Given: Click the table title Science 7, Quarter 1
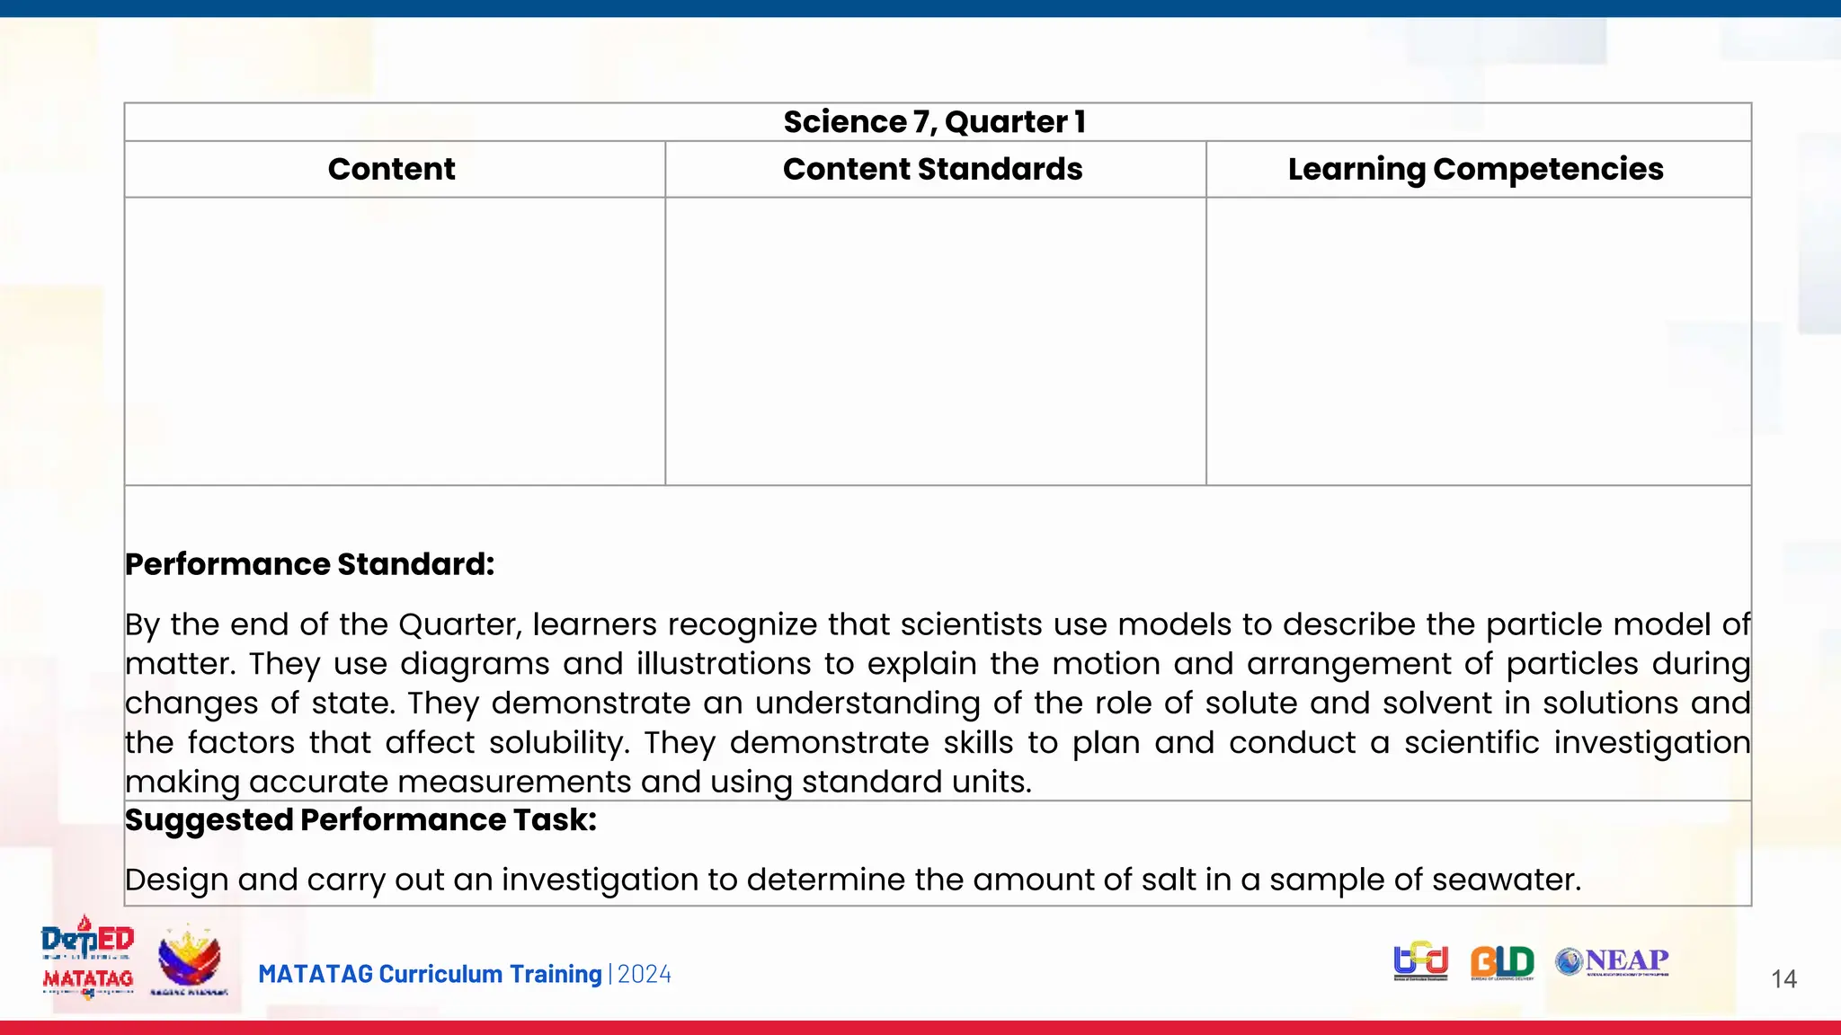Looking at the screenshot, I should pyautogui.click(x=935, y=122).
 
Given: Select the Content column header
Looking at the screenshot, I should pyautogui.click(x=391, y=169).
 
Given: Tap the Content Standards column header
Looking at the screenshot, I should pyautogui.click(x=932, y=169).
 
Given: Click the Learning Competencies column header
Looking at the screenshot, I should pyautogui.click(x=1475, y=169).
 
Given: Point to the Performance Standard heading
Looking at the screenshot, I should pyautogui.click(x=309, y=564).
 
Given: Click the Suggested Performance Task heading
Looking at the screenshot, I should pyautogui.click(x=360, y=820).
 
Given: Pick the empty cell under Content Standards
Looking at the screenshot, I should pyautogui.click(x=935, y=341).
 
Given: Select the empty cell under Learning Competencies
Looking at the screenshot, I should pyautogui.click(x=1478, y=341).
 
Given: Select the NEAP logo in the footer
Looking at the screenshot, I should pyautogui.click(x=1613, y=961).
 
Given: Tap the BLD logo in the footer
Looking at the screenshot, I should pyautogui.click(x=1502, y=962).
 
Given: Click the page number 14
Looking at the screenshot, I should pyautogui.click(x=1783, y=979).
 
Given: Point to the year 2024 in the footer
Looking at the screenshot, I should pyautogui.click(x=645, y=975).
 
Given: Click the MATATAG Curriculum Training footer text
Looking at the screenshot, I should pyautogui.click(x=430, y=975).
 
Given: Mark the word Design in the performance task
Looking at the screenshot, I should pyautogui.click(x=176, y=880).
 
